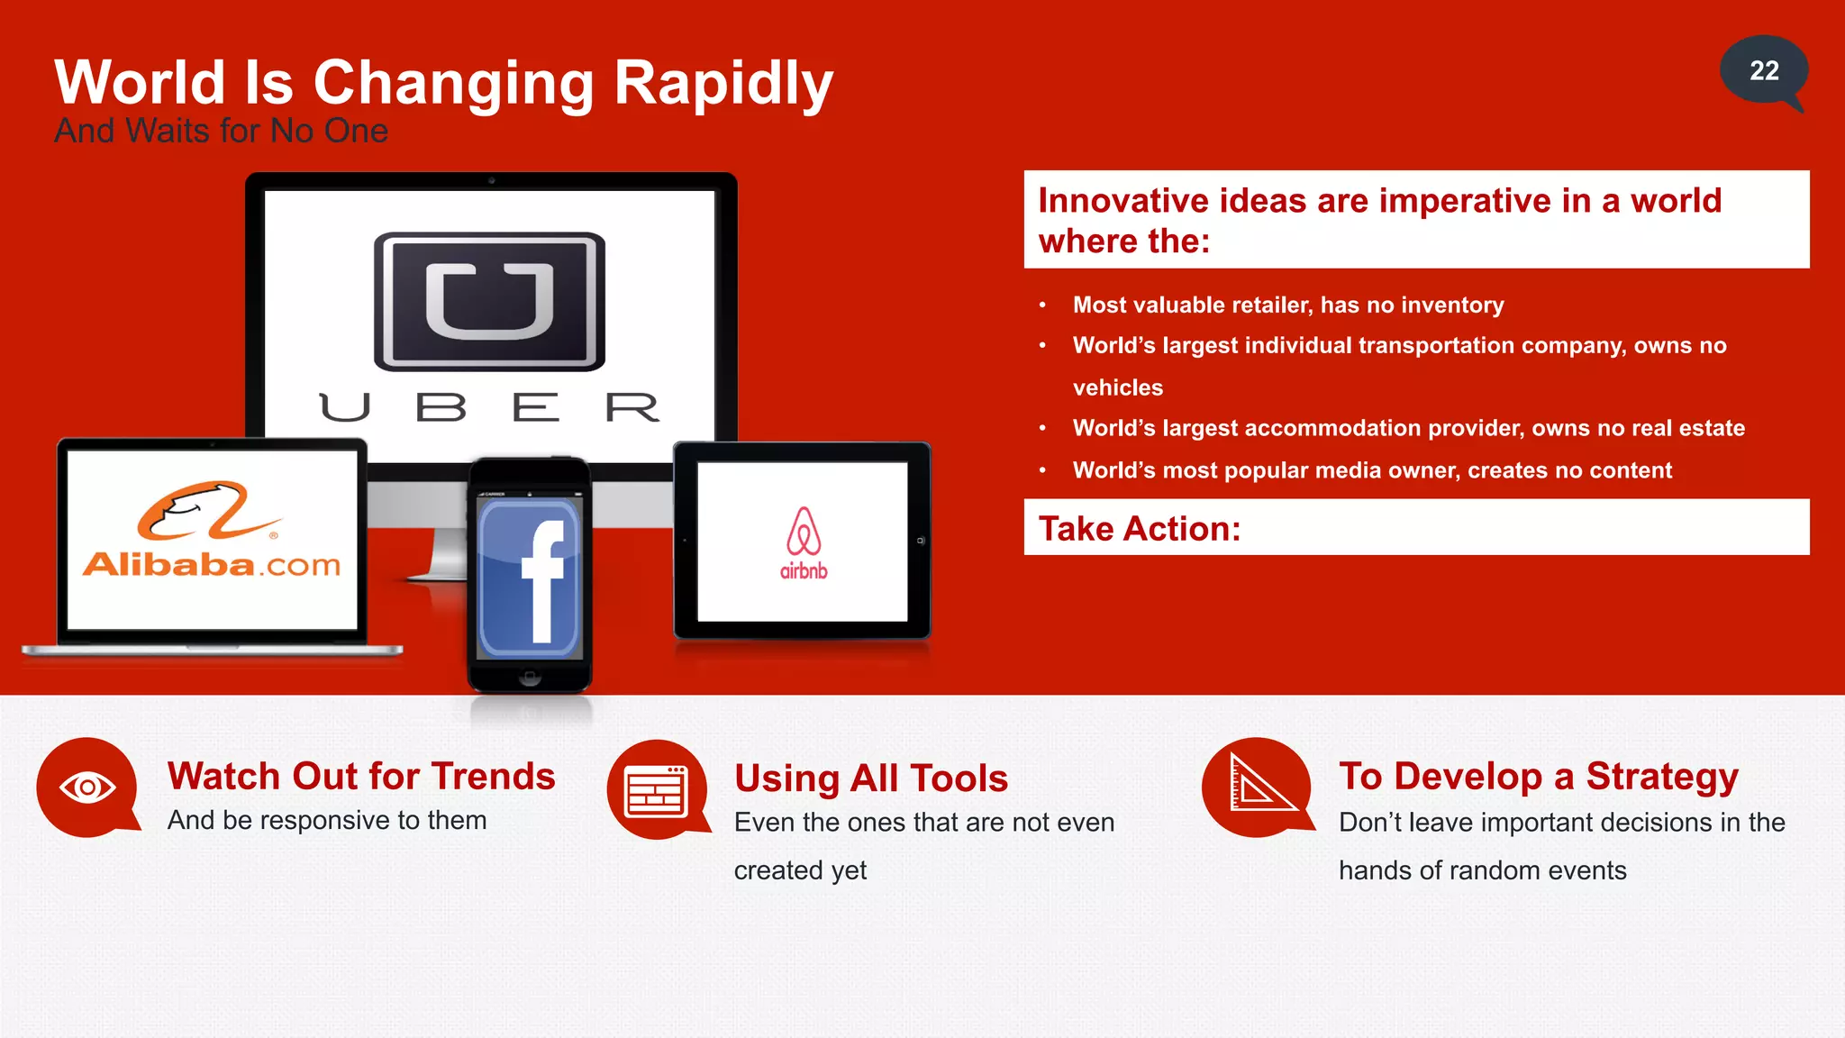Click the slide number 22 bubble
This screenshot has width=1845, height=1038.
pos(1763,71)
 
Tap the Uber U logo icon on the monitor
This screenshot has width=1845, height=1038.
pos(489,301)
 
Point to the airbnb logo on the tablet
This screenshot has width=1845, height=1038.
pos(803,542)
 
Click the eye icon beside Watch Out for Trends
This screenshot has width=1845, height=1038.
pos(87,788)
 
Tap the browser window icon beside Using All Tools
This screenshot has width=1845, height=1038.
pos(656,790)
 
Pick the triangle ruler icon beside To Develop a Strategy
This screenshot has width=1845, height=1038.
pos(1257,786)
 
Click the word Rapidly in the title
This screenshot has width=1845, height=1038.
pos(723,83)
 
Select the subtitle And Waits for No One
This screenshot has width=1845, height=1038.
pos(221,132)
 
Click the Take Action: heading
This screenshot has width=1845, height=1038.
pos(1140,529)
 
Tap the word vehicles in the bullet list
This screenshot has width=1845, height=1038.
pos(1118,388)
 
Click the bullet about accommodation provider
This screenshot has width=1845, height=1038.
pos(1408,429)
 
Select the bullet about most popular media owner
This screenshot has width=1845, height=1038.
pos(1371,470)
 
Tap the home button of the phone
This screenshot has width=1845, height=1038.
pos(530,677)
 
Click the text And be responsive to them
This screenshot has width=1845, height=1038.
pos(327,821)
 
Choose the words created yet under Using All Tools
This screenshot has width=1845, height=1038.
pos(800,871)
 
